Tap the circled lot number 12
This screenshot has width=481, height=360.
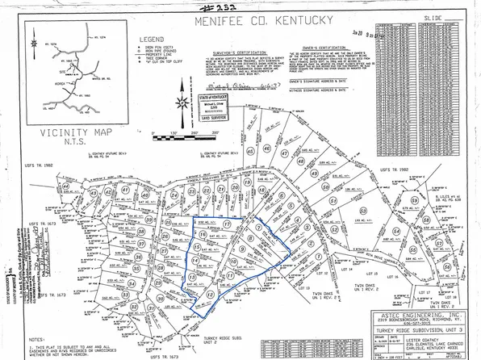click(x=211, y=295)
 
